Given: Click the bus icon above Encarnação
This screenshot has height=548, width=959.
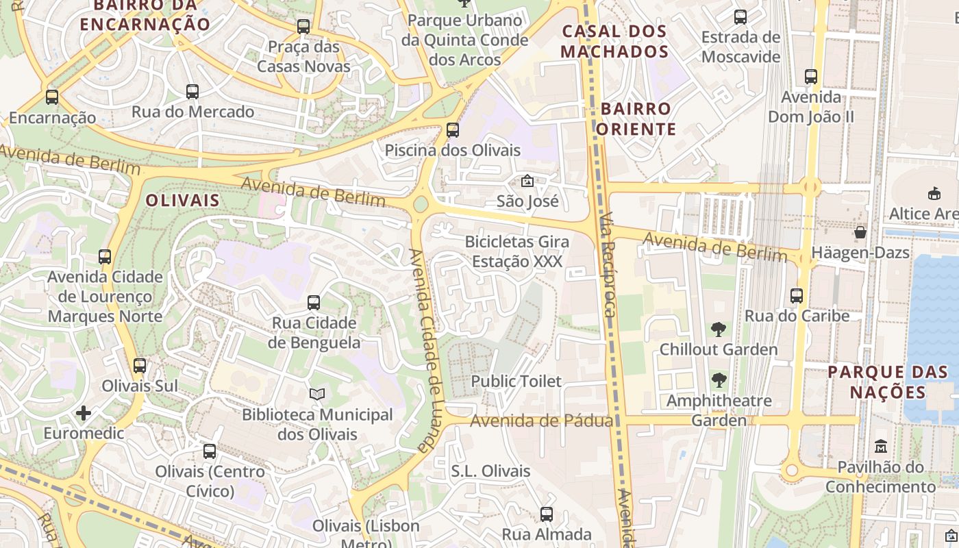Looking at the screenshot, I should pos(52,97).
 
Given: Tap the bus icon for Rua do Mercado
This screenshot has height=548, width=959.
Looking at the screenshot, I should pos(192,91).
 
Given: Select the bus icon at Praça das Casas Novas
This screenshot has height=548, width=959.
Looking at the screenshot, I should pos(303,27).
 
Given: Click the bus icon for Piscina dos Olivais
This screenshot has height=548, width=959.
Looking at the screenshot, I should pos(452,129).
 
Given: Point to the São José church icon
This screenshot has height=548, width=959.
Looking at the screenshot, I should pos(527,182).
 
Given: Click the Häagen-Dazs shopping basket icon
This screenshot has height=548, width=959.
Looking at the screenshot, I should pos(860,232).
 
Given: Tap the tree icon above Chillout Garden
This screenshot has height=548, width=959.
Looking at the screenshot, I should pos(718,329).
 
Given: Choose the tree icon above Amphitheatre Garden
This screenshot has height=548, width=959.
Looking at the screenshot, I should pos(719,380).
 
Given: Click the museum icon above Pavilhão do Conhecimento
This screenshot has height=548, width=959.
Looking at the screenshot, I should pos(881,447).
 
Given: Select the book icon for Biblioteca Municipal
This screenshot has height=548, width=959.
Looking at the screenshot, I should pos(316,394).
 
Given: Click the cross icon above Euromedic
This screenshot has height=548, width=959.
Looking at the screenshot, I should pos(84,413).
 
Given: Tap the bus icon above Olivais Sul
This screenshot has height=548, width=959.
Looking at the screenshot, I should pos(140,365).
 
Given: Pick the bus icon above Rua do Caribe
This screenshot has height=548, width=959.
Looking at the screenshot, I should pos(797,296).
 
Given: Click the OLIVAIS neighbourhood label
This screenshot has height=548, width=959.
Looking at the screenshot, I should pos(183,201).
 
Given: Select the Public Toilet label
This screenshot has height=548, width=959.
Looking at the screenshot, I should pos(516,382).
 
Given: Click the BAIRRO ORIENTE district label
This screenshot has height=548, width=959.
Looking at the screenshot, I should pos(636,119).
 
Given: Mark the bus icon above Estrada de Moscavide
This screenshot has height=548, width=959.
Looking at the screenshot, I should pos(740,17).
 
